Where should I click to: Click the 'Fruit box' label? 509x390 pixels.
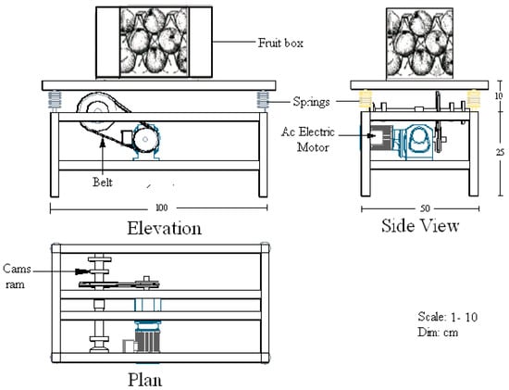click(280, 43)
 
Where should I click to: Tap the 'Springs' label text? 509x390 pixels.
click(311, 102)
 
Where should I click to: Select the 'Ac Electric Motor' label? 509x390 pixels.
click(308, 140)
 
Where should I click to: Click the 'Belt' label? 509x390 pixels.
click(103, 182)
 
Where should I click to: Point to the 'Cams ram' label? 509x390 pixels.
click(17, 276)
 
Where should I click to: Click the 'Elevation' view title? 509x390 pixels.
click(164, 228)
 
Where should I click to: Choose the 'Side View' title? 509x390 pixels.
click(420, 225)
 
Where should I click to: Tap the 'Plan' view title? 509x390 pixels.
click(144, 380)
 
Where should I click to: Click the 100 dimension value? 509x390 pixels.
click(162, 208)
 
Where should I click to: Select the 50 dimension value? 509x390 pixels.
click(425, 208)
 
